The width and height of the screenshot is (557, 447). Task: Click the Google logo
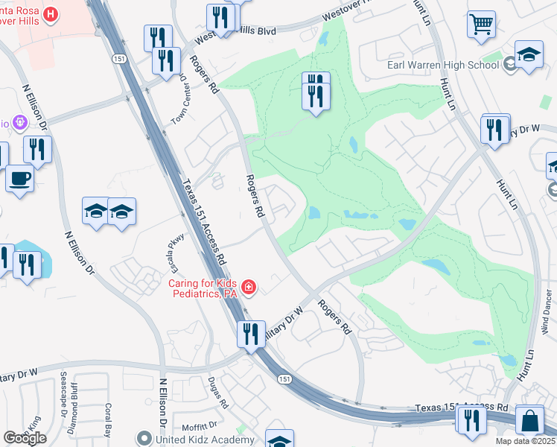25,438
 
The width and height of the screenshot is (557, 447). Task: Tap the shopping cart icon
482,24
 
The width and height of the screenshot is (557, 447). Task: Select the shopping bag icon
529,421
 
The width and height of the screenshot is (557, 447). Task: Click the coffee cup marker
20,179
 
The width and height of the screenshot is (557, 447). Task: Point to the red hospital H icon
51,13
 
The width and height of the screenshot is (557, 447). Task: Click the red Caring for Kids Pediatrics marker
247,287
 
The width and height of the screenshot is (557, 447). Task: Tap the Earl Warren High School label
443,65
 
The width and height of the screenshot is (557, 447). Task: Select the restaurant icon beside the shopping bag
472,421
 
